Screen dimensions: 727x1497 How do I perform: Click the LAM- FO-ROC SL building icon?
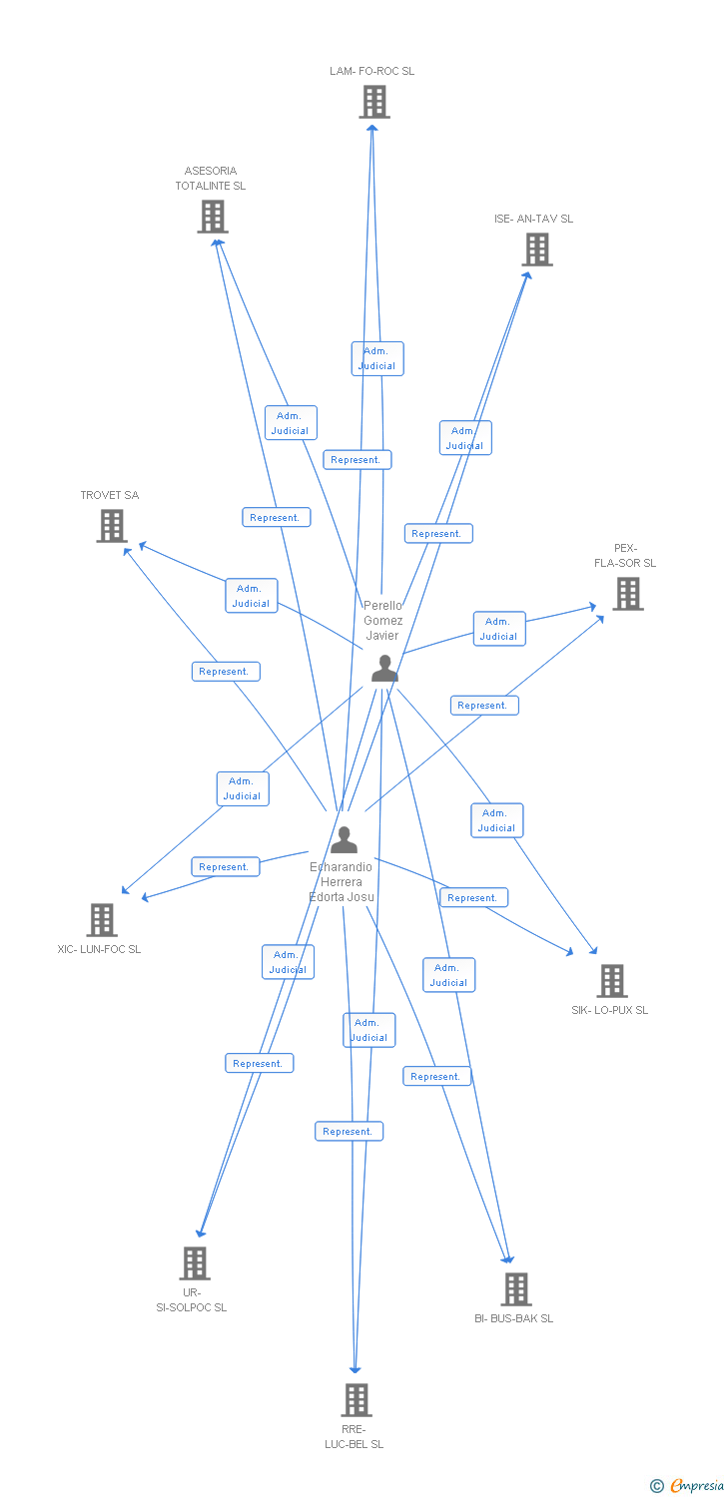tap(374, 102)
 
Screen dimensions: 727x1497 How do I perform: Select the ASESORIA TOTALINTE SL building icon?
tap(213, 217)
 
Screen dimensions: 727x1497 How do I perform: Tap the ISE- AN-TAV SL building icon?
tap(537, 249)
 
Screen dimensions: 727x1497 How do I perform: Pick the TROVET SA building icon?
tap(112, 526)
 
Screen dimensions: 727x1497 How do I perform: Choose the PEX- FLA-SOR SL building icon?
tap(627, 594)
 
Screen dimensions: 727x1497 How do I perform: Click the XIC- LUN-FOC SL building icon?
tap(102, 920)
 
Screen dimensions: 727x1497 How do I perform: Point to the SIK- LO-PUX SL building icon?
tap(612, 981)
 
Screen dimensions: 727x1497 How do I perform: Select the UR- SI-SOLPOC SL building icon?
tap(195, 1263)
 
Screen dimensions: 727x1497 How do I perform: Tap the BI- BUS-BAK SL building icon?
tap(516, 1289)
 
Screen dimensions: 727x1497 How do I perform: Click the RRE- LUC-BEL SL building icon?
tap(357, 1400)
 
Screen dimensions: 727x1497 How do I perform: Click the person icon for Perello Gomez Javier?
tap(384, 669)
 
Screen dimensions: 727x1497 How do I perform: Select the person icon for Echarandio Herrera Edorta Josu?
tap(344, 840)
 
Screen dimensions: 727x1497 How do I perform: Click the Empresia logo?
tap(688, 1485)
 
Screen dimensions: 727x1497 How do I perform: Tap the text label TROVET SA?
tap(110, 496)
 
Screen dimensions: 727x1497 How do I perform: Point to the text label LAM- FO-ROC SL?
tap(372, 72)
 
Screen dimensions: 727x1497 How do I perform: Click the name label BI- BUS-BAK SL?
tap(513, 1318)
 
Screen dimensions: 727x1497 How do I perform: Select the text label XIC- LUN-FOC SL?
tap(99, 949)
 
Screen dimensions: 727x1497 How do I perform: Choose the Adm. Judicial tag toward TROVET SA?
tap(252, 596)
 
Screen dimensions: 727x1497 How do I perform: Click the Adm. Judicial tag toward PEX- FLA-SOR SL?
tap(498, 629)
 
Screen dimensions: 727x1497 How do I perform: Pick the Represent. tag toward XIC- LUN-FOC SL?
tap(225, 867)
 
